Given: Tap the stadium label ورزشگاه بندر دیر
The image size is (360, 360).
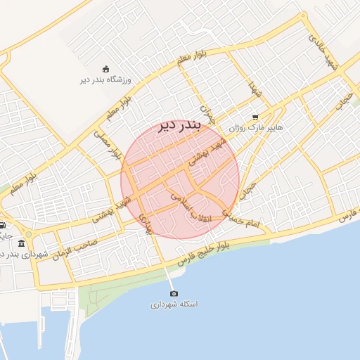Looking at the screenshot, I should [x=105, y=80].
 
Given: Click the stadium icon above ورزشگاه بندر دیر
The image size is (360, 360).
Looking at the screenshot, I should [x=105, y=68].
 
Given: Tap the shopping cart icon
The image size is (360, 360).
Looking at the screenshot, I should [x=255, y=117].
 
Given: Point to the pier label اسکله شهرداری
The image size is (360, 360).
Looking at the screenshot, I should [x=174, y=304].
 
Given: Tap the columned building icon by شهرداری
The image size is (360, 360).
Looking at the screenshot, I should [x=22, y=243].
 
